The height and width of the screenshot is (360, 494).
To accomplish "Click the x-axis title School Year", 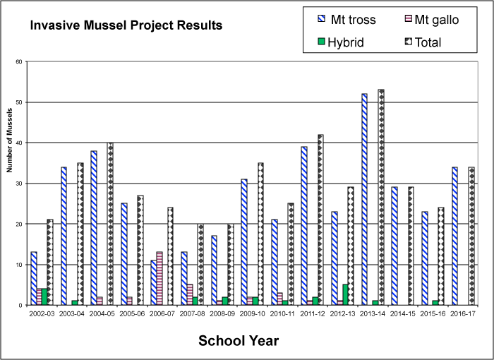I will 239,341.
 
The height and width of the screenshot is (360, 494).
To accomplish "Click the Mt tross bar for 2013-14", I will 364,200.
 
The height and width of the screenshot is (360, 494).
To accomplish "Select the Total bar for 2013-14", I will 381,198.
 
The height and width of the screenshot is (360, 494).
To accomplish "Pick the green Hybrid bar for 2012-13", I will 346,295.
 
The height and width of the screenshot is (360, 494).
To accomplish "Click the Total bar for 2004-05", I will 110,224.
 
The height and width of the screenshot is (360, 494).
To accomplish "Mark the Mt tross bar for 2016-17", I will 454,236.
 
